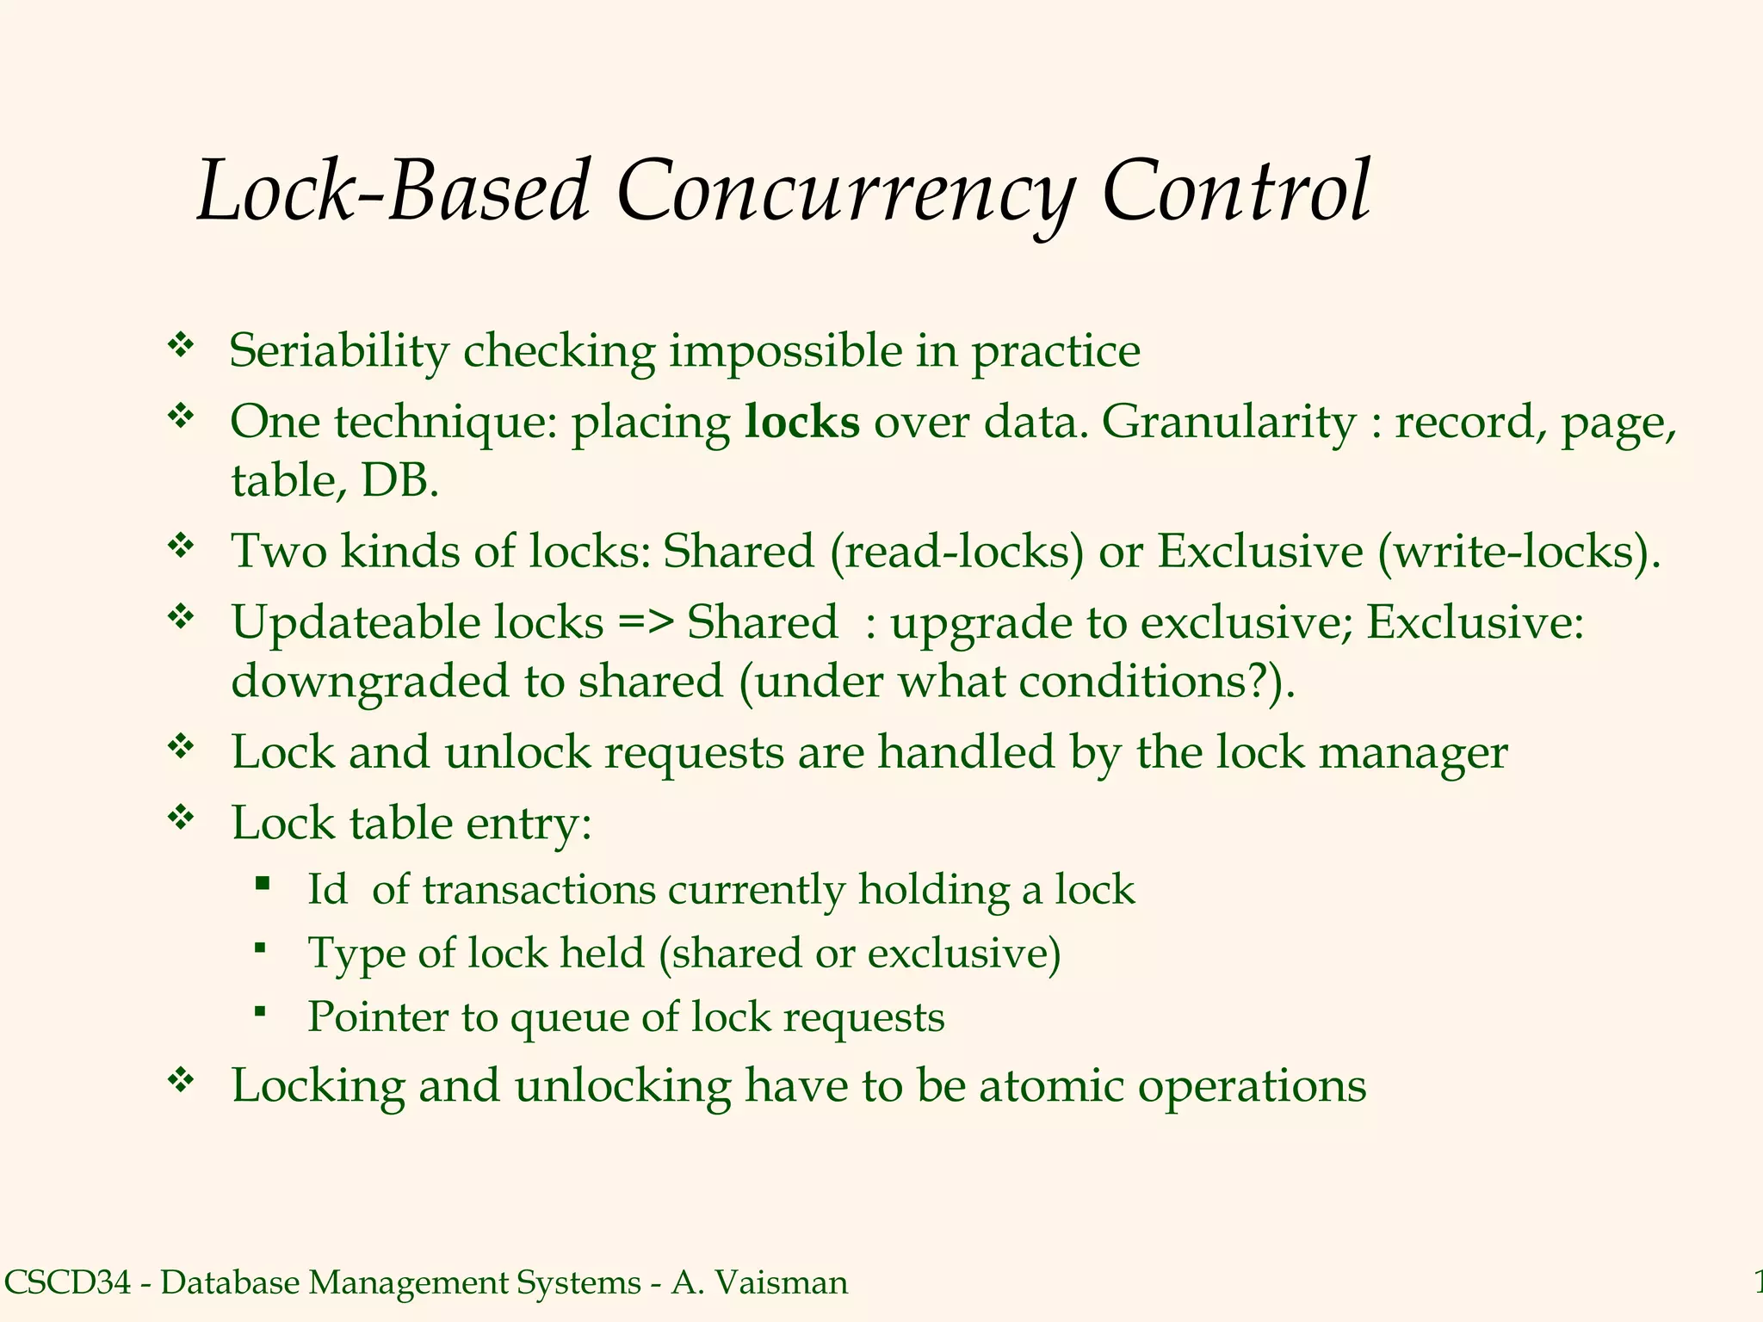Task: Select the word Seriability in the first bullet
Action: (x=338, y=351)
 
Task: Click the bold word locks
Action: (x=801, y=422)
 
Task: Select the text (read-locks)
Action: (x=957, y=551)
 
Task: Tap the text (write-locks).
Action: (x=1519, y=551)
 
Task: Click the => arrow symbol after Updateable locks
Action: (x=645, y=621)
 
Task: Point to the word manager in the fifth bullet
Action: (x=1413, y=752)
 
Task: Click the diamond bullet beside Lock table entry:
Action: (x=181, y=817)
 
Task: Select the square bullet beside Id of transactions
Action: (x=263, y=883)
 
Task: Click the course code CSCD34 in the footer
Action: (x=68, y=1282)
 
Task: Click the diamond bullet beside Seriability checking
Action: (x=181, y=346)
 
